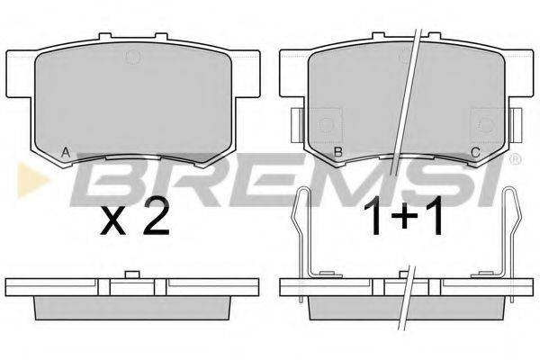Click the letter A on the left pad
click(66, 152)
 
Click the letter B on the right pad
click(338, 152)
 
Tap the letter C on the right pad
click(475, 152)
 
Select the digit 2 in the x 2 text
click(156, 218)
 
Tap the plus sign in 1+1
click(403, 217)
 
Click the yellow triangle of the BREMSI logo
click(32, 180)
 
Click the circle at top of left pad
click(133, 57)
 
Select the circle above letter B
click(326, 125)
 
